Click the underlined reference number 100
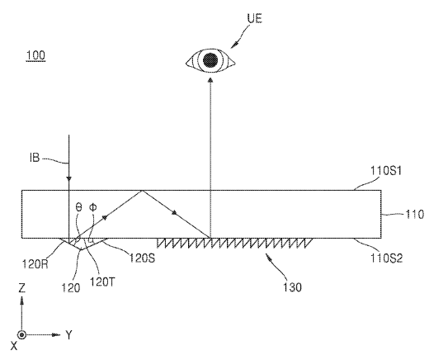(35, 55)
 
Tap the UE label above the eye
(255, 18)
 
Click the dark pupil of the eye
(210, 59)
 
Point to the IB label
(35, 158)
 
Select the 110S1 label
(386, 171)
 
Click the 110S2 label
(386, 258)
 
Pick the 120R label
(35, 264)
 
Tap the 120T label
(102, 282)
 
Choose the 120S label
(142, 258)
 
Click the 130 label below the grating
(292, 287)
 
